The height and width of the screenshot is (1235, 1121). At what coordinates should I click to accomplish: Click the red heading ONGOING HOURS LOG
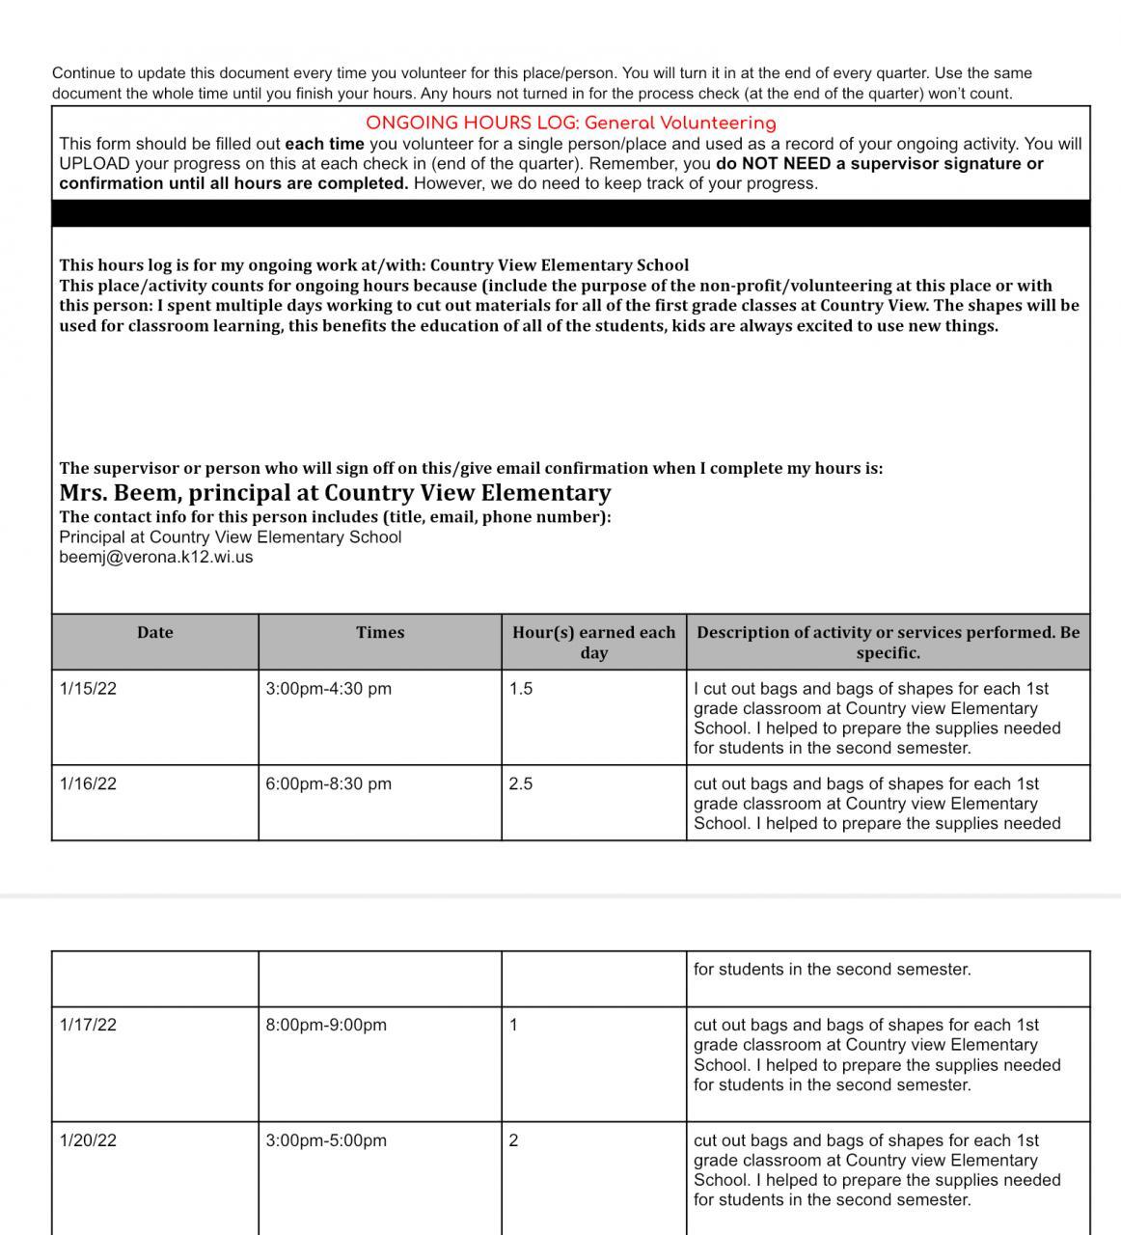click(570, 123)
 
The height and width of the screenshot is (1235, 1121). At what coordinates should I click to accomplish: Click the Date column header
click(154, 633)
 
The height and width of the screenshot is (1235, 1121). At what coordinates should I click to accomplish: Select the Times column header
click(379, 633)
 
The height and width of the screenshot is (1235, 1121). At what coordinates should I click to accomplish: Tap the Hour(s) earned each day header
click(593, 643)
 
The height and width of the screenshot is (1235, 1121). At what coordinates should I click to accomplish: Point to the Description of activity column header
click(888, 643)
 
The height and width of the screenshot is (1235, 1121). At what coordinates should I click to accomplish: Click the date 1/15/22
click(88, 689)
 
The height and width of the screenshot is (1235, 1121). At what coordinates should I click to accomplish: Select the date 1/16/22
click(88, 784)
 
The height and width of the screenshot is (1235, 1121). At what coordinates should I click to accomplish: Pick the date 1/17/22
click(88, 1026)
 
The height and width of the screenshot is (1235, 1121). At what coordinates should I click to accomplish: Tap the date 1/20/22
click(88, 1140)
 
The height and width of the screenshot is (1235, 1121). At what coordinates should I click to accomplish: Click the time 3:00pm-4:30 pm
click(328, 689)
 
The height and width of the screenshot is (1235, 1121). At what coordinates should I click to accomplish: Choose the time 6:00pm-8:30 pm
click(328, 784)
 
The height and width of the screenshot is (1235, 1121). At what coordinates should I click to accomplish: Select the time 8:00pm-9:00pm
click(326, 1026)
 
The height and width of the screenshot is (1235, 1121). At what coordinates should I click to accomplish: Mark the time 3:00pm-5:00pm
click(326, 1140)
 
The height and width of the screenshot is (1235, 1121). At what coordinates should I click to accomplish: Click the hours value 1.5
click(521, 689)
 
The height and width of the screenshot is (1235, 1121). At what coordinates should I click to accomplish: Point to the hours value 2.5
click(521, 784)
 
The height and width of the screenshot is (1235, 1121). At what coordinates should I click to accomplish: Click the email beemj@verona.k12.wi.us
click(155, 558)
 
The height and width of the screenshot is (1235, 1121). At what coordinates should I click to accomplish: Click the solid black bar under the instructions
click(570, 213)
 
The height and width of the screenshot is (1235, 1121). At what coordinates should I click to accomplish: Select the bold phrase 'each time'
click(324, 144)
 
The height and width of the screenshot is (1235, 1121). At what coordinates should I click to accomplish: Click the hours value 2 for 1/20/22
click(513, 1140)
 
